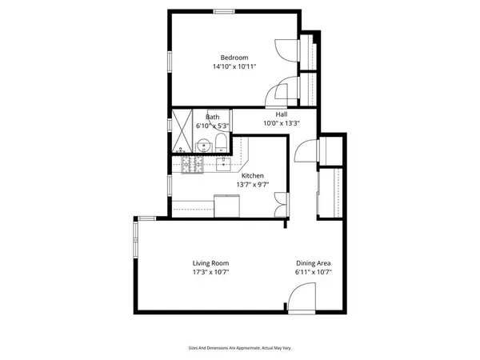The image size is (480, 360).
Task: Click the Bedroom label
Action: [234, 58]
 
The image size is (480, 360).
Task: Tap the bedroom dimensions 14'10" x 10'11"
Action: [234, 67]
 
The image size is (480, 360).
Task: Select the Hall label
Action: [282, 114]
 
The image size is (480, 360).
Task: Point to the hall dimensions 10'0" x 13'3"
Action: [282, 123]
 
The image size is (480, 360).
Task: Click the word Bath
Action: [212, 118]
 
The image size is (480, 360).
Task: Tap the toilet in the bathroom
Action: [219, 145]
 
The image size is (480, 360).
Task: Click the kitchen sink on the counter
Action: [223, 165]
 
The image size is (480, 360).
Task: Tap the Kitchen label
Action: [253, 176]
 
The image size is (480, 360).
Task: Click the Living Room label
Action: [210, 263]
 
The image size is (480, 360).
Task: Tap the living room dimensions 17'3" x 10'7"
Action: [210, 273]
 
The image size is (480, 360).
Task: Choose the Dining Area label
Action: [314, 263]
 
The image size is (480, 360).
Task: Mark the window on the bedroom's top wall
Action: [224, 11]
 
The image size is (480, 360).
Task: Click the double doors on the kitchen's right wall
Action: [280, 205]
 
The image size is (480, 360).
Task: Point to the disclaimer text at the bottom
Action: [239, 348]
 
